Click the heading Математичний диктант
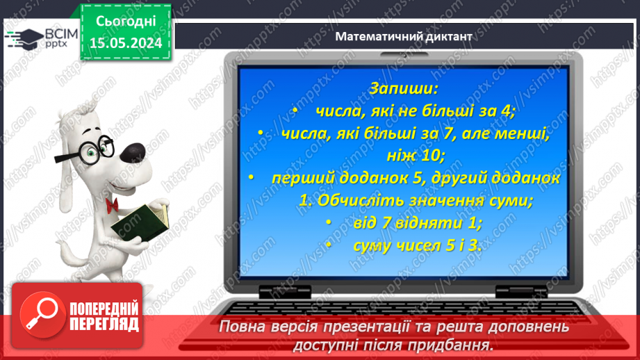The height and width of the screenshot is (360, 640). (403, 36)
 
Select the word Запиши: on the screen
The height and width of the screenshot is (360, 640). (404, 89)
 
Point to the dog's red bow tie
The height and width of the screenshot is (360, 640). (111, 204)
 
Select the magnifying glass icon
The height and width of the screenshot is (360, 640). (39, 314)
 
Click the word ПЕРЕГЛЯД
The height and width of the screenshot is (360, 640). (104, 324)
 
